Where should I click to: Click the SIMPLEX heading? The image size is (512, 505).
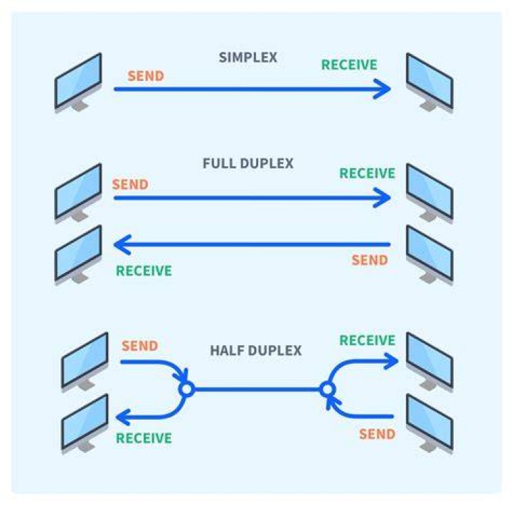248,58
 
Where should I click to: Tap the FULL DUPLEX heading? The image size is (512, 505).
248,163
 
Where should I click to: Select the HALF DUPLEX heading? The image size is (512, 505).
256,350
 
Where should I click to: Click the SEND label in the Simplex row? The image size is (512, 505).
146,76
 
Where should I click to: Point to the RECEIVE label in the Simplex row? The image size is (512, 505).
349,65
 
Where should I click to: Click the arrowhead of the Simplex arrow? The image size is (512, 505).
383,89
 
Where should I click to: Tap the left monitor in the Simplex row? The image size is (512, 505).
78,82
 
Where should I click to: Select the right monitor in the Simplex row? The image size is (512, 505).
430,82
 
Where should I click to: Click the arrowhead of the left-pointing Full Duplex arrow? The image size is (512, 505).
122,244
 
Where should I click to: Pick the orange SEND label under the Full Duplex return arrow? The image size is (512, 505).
370,260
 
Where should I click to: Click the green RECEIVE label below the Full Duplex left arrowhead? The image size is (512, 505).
144,271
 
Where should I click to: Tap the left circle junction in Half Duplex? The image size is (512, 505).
187,389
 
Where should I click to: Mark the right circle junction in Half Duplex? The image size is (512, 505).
327,389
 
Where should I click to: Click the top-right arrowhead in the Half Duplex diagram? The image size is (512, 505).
391,361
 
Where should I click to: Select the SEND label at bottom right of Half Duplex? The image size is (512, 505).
377,434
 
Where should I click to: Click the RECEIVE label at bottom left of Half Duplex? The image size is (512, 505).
144,438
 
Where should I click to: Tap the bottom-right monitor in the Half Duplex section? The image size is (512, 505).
430,423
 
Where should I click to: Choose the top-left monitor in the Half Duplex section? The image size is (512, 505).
85,362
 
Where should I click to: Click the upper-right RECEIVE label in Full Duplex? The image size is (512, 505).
368,173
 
